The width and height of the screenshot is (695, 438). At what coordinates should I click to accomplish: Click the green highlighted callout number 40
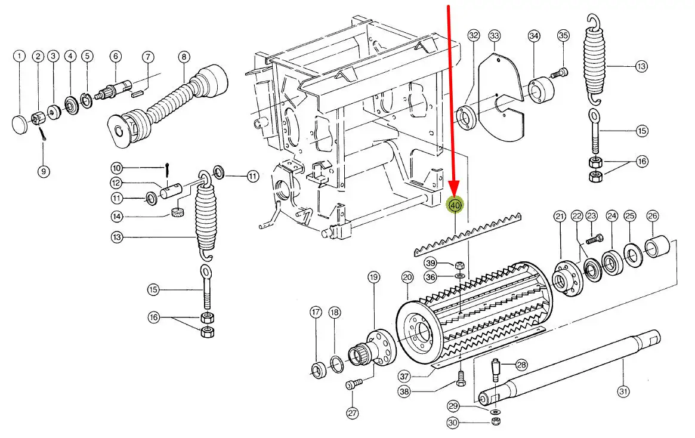tap(456, 205)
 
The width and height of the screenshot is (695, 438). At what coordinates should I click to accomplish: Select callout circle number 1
tap(20, 57)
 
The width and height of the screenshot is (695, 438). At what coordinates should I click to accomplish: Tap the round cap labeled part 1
tap(20, 124)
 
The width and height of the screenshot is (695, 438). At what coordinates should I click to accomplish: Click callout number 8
tap(183, 57)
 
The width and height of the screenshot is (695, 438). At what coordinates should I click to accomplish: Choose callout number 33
tap(495, 37)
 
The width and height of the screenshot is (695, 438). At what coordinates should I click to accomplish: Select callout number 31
tap(623, 392)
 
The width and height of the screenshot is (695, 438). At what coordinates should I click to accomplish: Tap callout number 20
tap(407, 277)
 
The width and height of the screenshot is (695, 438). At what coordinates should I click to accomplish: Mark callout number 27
tap(353, 412)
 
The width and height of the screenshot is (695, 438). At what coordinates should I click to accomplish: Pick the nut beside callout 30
tap(495, 422)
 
